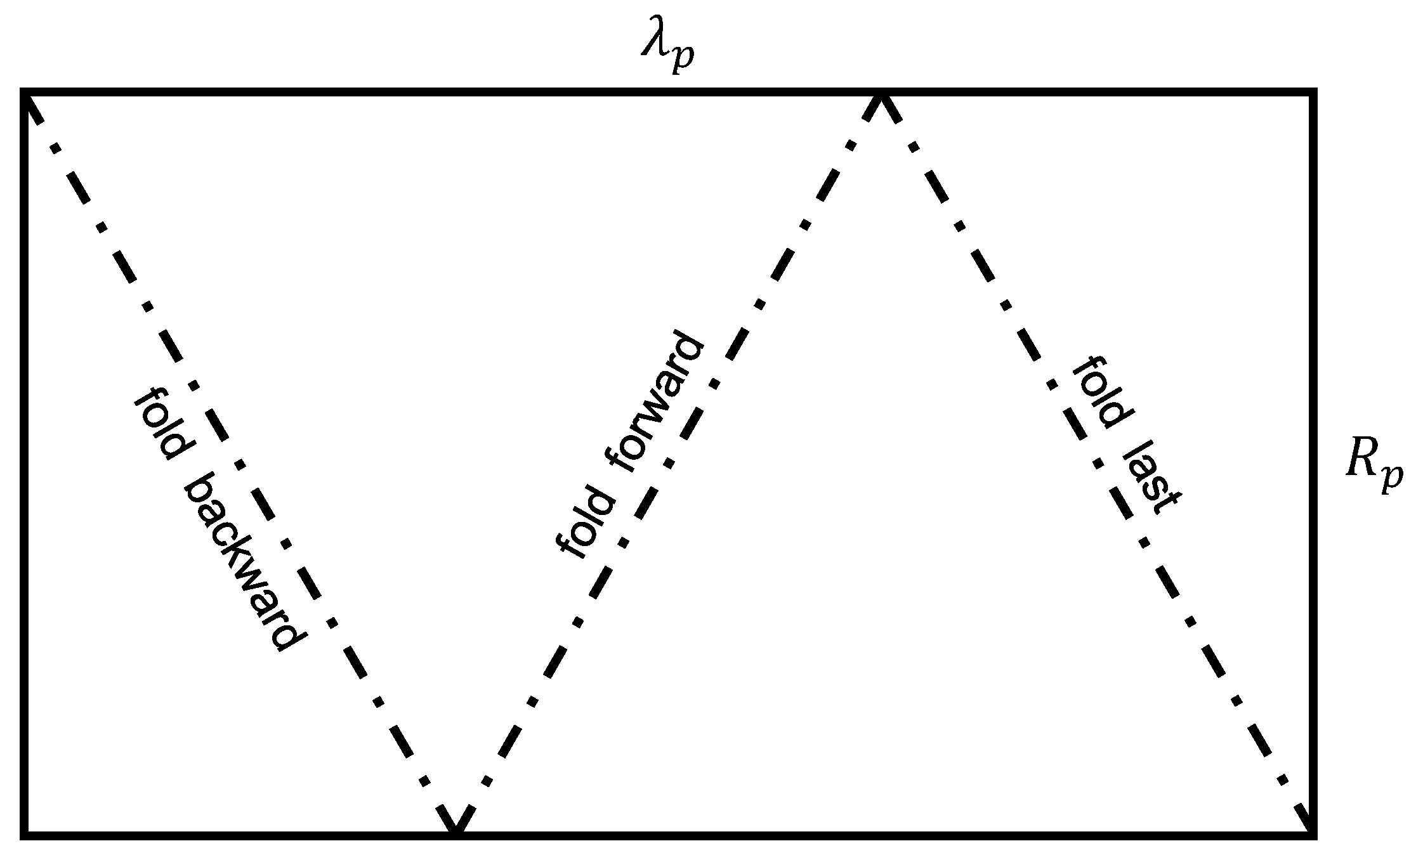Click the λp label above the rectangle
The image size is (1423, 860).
[667, 51]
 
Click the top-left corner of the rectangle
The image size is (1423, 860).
[24, 93]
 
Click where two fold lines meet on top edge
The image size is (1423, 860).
[881, 95]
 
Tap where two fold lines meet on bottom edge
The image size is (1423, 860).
[454, 832]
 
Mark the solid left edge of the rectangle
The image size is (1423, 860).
[24, 463]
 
